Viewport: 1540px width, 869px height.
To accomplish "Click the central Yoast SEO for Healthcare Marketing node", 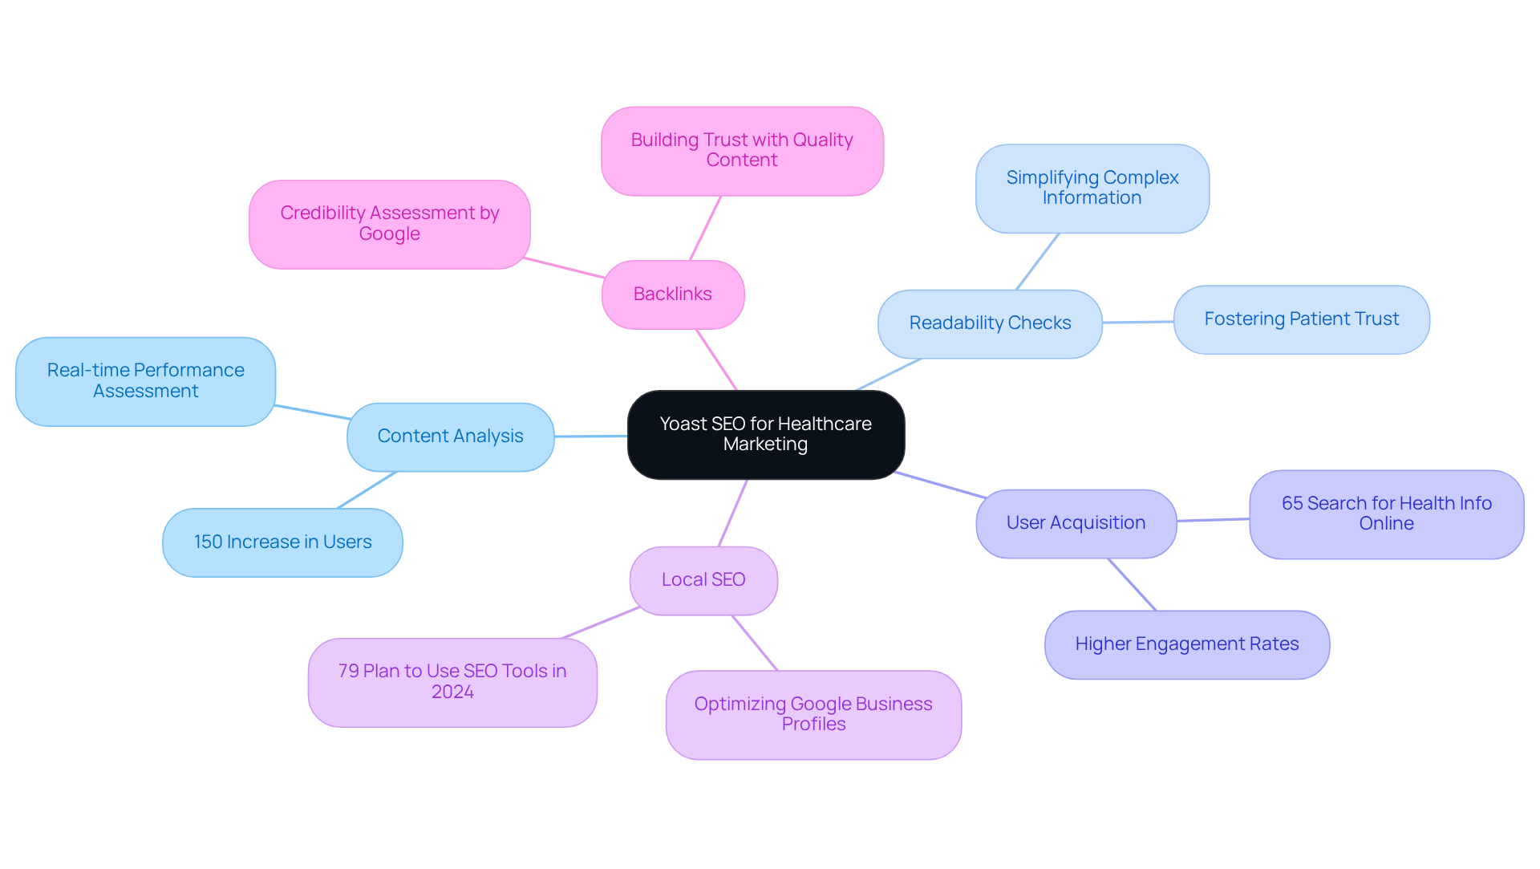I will click(766, 434).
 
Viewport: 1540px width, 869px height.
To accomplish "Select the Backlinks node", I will click(673, 294).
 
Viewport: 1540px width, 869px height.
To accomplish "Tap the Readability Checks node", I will click(990, 323).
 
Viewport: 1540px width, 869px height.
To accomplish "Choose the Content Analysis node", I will click(450, 437).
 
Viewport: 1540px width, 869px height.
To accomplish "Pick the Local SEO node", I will click(703, 580).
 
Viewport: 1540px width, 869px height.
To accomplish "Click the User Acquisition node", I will click(1076, 523).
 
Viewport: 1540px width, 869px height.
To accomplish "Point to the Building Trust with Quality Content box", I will click(742, 151).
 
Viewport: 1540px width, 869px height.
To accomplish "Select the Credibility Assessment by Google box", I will click(390, 224).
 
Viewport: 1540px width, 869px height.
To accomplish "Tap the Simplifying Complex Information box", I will click(1092, 189).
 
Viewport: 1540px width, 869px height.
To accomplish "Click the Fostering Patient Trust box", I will click(1301, 319).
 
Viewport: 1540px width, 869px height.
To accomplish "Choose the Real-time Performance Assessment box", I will click(145, 381).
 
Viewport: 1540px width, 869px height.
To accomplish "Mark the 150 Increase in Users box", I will click(282, 542).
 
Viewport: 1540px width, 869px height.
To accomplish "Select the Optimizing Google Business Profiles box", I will click(813, 714).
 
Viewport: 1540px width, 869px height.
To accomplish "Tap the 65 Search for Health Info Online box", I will click(1386, 514).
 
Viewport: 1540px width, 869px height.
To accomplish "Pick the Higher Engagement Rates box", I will click(1186, 644).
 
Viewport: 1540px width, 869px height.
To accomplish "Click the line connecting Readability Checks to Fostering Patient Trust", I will click(1137, 322).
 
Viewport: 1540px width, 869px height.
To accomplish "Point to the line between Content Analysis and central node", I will click(590, 436).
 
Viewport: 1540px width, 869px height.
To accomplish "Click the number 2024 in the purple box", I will click(452, 692).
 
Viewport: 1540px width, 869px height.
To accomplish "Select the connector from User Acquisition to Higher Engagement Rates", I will click(1132, 584).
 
